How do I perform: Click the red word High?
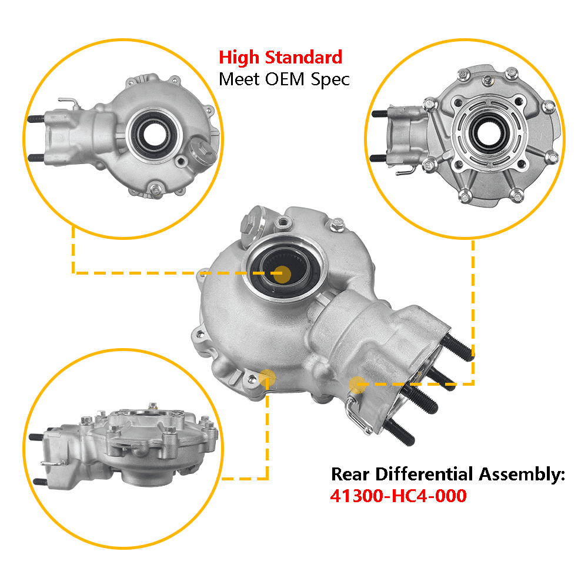(x=239, y=58)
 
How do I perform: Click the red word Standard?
(x=304, y=58)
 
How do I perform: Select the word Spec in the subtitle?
(x=330, y=80)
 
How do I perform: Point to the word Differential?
(x=424, y=474)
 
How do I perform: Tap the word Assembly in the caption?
(x=520, y=475)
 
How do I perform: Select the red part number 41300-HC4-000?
(x=398, y=496)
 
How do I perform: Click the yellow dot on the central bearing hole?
(x=282, y=275)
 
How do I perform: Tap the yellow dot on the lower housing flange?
(x=267, y=378)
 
